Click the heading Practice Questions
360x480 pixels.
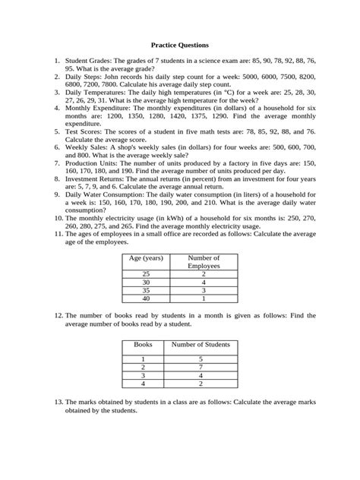click(x=180, y=46)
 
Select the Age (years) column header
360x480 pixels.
click(x=147, y=259)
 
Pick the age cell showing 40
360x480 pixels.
click(x=147, y=299)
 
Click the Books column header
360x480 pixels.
click(x=143, y=344)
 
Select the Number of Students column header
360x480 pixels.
click(x=201, y=344)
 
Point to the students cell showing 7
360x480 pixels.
click(x=201, y=366)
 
